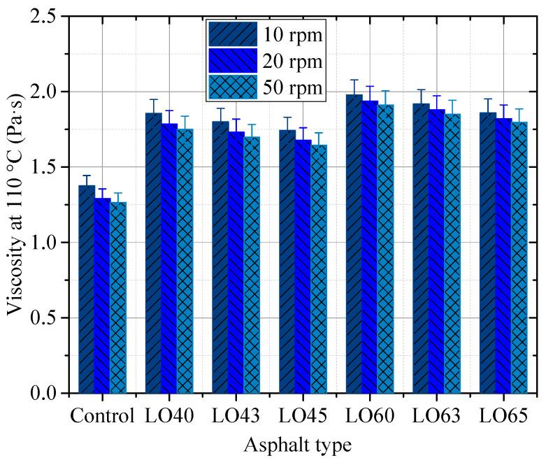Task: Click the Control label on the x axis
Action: coord(102,417)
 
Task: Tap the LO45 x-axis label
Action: coord(303,417)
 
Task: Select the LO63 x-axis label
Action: coord(436,417)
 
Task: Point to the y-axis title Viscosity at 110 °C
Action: coord(15,204)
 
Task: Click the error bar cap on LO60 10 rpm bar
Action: coord(354,80)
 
